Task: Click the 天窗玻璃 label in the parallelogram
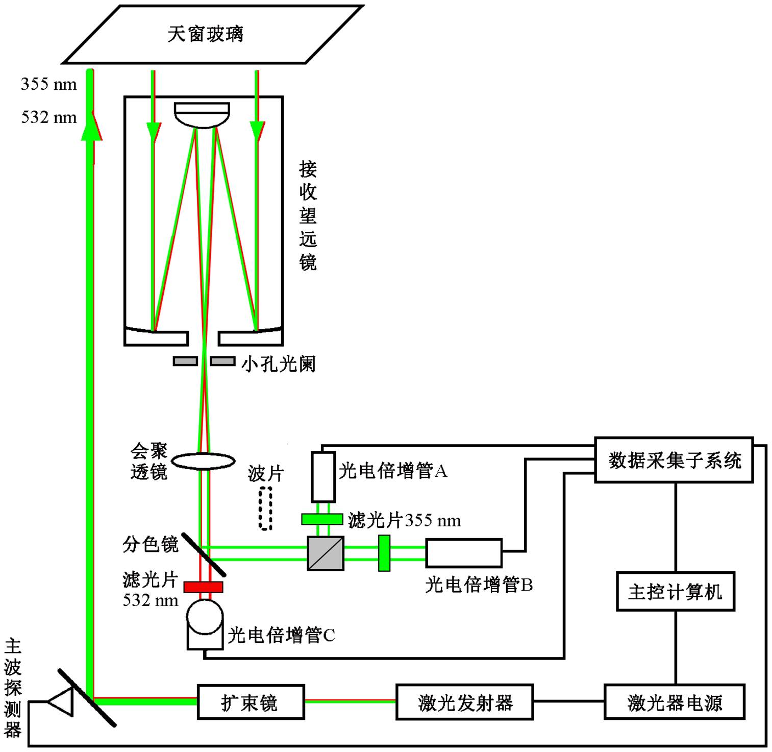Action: [x=205, y=34]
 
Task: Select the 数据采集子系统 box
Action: [x=674, y=460]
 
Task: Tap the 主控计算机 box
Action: [x=675, y=592]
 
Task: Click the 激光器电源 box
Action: [x=674, y=702]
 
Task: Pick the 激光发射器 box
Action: [x=464, y=702]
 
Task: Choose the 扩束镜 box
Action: [x=251, y=702]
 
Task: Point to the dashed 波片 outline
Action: [x=265, y=508]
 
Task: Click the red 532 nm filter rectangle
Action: [x=203, y=587]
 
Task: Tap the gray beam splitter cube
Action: [x=326, y=553]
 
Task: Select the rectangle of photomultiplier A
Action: [x=323, y=477]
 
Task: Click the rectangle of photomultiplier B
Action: [x=464, y=553]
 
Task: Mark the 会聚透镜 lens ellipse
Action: [x=203, y=462]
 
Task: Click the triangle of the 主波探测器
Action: [x=61, y=702]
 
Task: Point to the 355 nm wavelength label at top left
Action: [x=48, y=84]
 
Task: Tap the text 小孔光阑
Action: [x=278, y=364]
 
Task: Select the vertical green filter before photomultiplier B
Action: [x=384, y=553]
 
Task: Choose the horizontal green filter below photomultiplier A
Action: [x=322, y=519]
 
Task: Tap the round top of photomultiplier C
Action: [x=205, y=616]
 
